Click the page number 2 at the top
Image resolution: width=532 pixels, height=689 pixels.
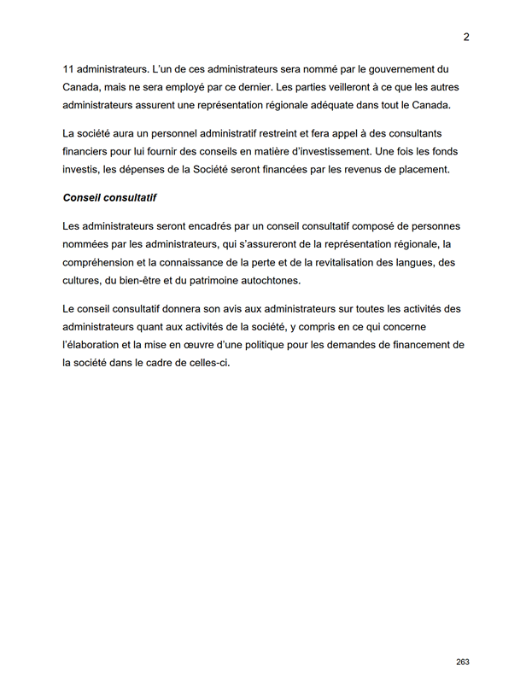pyautogui.click(x=466, y=37)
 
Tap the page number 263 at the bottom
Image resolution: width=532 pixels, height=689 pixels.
pyautogui.click(x=463, y=663)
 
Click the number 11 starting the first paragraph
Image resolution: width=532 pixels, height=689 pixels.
pyautogui.click(x=69, y=68)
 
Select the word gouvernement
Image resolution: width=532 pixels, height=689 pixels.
pyautogui.click(x=392, y=68)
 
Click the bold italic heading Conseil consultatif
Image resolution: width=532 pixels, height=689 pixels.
pyautogui.click(x=108, y=198)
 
